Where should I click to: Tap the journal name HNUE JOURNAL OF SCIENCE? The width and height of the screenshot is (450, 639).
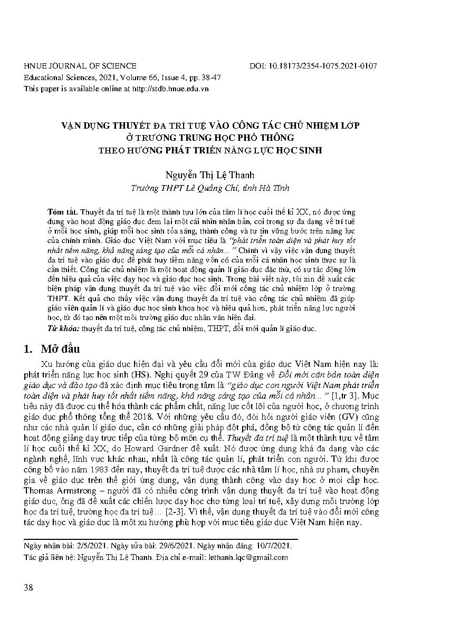80,66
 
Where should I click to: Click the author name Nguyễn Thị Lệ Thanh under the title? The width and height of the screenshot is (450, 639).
209,176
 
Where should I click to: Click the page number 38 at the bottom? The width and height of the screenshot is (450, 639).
29,587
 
